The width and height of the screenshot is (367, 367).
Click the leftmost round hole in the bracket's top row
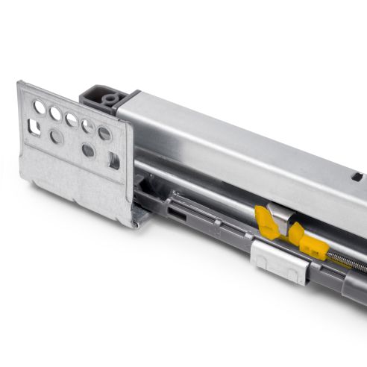pyautogui.click(x=40, y=107)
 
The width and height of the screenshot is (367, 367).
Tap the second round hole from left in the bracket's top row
pyautogui.click(x=55, y=113)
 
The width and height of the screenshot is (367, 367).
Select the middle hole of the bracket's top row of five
pyautogui.click(x=71, y=119)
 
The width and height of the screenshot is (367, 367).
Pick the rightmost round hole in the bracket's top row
pyautogui.click(x=104, y=134)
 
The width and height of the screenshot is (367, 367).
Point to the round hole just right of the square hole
pyautogui.click(x=56, y=137)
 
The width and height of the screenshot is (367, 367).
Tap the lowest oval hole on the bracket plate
pyautogui.click(x=87, y=151)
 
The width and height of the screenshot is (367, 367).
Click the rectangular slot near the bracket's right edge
pyautogui.click(x=113, y=160)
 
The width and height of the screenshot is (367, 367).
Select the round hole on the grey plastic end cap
pyautogui.click(x=111, y=98)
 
